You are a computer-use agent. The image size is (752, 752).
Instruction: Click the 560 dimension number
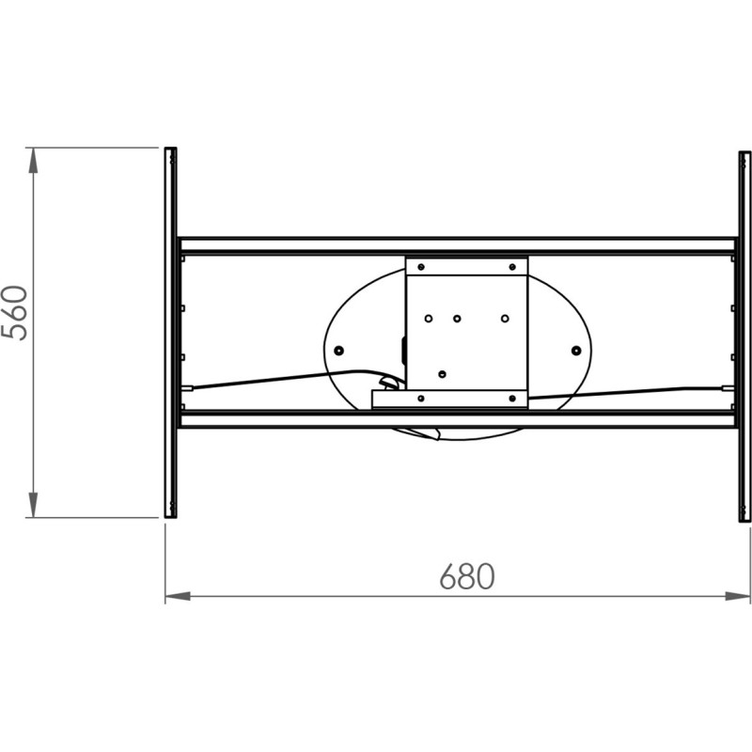(x=15, y=313)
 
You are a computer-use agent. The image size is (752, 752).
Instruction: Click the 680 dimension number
(x=466, y=576)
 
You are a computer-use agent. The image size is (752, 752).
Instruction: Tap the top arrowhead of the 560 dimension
(x=33, y=160)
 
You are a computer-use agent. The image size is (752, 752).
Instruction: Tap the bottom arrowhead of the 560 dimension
(x=33, y=505)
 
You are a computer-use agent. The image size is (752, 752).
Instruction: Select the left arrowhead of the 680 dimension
(x=178, y=596)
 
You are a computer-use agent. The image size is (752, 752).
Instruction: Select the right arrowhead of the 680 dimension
(x=738, y=596)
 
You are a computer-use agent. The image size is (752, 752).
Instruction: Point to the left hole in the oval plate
(x=338, y=350)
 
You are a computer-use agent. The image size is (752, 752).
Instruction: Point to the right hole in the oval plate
(x=576, y=350)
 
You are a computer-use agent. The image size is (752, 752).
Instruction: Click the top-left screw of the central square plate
(x=421, y=267)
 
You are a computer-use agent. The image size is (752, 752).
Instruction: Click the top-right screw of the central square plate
(x=512, y=267)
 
